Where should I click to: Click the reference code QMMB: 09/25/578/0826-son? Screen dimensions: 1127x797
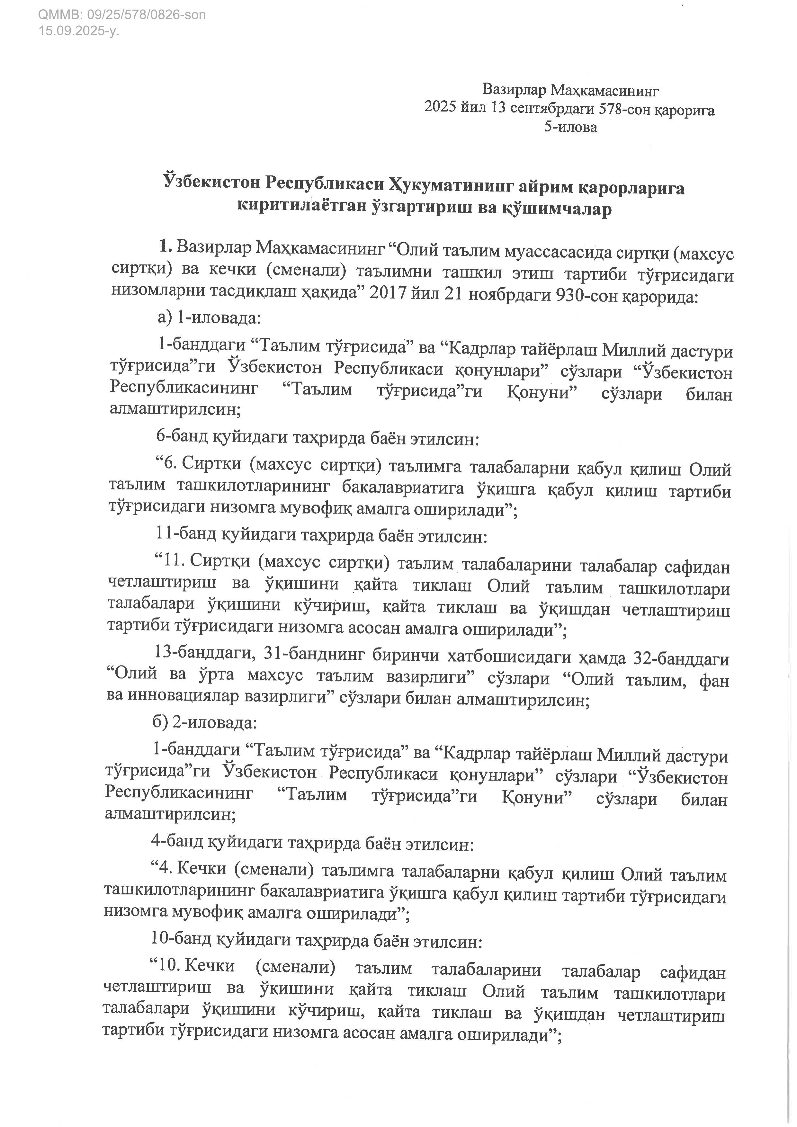(x=122, y=15)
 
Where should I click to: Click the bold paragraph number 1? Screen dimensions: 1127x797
(x=165, y=247)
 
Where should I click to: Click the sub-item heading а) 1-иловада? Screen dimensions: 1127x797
(x=209, y=318)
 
